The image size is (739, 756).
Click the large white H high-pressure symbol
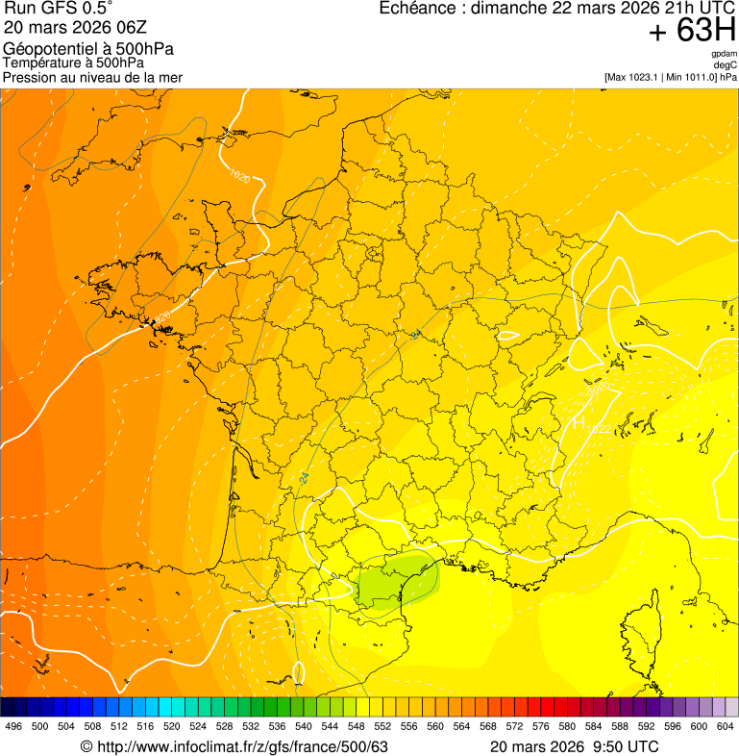click(x=579, y=422)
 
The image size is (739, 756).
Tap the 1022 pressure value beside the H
click(x=598, y=427)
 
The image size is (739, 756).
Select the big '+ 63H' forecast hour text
click(x=691, y=31)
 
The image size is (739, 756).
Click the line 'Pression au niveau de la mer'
click(x=92, y=77)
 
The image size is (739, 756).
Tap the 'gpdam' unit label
click(x=724, y=54)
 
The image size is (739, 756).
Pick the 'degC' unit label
click(x=726, y=64)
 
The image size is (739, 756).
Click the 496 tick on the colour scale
click(x=13, y=727)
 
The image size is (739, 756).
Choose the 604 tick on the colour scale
click(x=726, y=727)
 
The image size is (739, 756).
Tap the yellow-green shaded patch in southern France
click(x=394, y=582)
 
